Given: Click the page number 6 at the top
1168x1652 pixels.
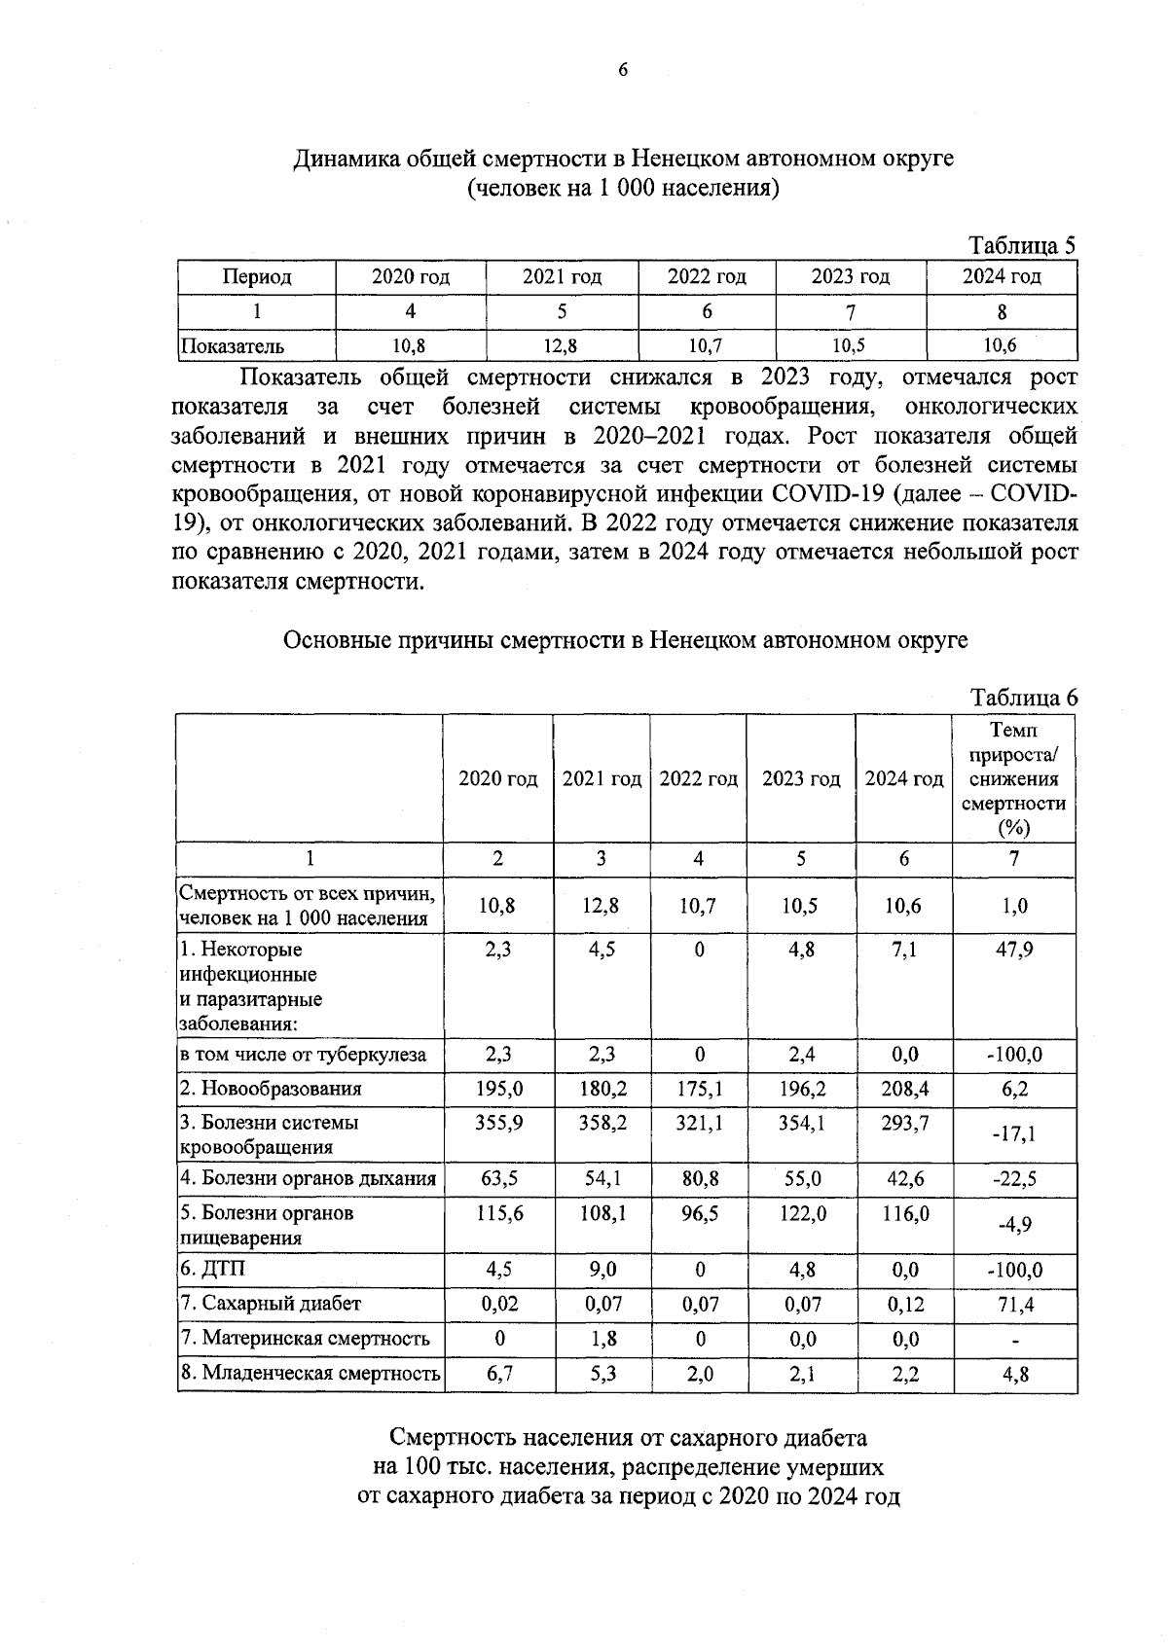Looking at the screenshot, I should point(623,69).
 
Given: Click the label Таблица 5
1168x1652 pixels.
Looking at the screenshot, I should point(1021,245).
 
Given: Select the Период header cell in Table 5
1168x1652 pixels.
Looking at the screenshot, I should point(257,277).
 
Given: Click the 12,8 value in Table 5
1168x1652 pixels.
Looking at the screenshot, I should point(562,344).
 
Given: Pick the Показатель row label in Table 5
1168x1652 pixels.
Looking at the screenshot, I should point(234,345).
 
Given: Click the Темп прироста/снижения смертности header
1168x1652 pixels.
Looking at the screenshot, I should point(1013,778).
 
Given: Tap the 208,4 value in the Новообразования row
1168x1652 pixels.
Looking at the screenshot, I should point(903,1089).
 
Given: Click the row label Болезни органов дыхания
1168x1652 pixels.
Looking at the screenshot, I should point(308,1179).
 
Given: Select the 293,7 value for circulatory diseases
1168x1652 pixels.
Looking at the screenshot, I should point(903,1123).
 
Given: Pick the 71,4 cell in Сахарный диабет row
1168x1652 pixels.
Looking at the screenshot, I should point(1013,1304).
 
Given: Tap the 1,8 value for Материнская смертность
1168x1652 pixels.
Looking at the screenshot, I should point(603,1339).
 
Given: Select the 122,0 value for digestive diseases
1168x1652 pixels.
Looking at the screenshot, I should point(801,1213).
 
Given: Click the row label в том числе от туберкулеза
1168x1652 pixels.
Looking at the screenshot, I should point(303,1055).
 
